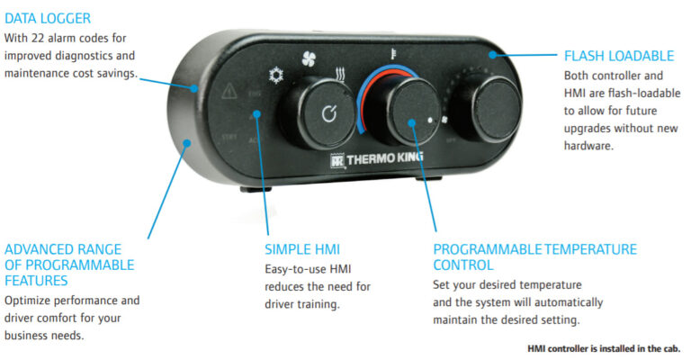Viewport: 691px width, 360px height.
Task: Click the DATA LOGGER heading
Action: tap(48, 18)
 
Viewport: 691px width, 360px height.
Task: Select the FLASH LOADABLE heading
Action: tap(618, 56)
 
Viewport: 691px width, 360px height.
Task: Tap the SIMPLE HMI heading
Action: tap(302, 248)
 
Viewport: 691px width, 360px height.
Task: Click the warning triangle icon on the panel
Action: tap(229, 90)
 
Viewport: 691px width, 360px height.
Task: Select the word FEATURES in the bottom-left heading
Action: tap(36, 281)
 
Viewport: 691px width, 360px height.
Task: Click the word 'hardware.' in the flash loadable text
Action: tap(589, 144)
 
